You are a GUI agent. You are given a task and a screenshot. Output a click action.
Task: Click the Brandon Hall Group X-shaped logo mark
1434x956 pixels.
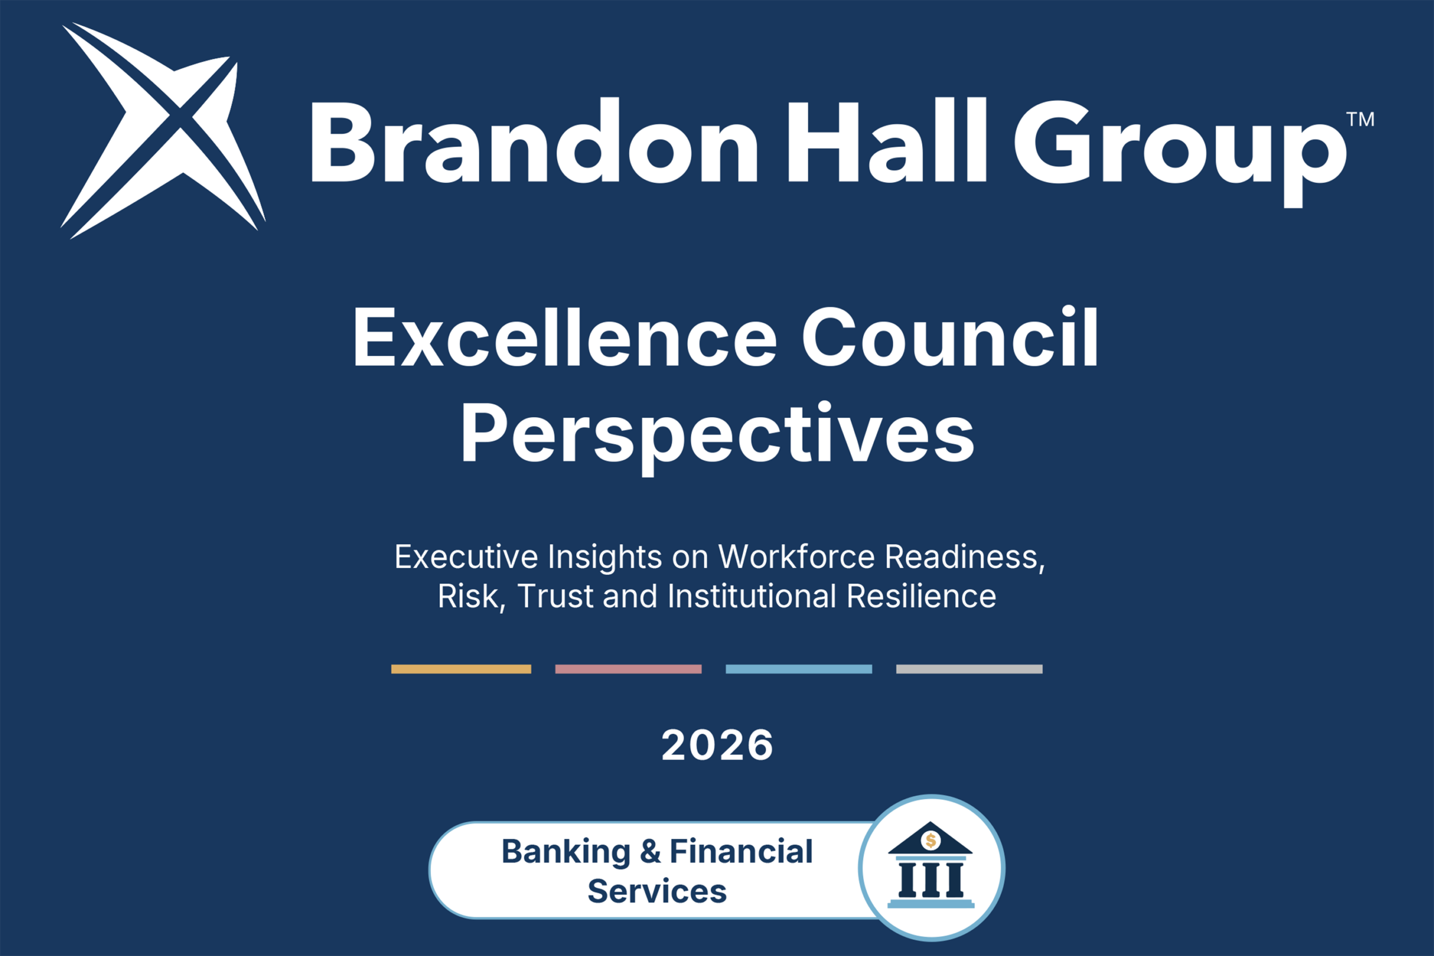coord(164,130)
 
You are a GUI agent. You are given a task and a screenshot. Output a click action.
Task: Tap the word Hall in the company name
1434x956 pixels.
coord(888,140)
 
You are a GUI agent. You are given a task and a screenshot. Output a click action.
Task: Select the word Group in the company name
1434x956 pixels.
coord(1180,152)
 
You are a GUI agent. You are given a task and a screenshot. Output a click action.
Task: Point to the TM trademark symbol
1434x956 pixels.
coord(1360,119)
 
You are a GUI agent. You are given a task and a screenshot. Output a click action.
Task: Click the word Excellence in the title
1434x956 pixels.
coord(565,337)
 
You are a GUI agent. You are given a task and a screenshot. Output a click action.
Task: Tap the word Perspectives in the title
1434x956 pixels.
coord(718,438)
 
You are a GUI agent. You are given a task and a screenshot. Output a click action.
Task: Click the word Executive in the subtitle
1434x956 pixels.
coord(467,557)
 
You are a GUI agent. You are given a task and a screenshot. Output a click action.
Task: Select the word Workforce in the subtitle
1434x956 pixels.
coord(797,557)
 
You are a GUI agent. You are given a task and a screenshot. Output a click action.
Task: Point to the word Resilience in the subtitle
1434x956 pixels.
coord(921,596)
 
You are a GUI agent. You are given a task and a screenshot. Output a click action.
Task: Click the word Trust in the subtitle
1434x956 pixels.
coord(556,596)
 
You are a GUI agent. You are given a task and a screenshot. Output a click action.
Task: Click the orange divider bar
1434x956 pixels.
coord(461,669)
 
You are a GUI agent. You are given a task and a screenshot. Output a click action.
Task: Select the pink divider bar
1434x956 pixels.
coord(628,669)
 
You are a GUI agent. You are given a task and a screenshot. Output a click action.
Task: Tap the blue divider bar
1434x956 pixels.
coord(799,669)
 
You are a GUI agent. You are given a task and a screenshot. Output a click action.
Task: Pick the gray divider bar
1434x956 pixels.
coord(970,669)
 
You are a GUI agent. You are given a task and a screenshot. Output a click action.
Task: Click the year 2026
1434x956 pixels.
coord(717,745)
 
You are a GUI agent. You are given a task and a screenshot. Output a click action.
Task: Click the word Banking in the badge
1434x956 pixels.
coord(566,852)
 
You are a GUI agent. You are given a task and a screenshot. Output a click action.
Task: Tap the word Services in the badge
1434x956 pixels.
coord(657,891)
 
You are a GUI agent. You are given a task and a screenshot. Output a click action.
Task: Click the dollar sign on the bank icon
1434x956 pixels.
coord(930,841)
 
